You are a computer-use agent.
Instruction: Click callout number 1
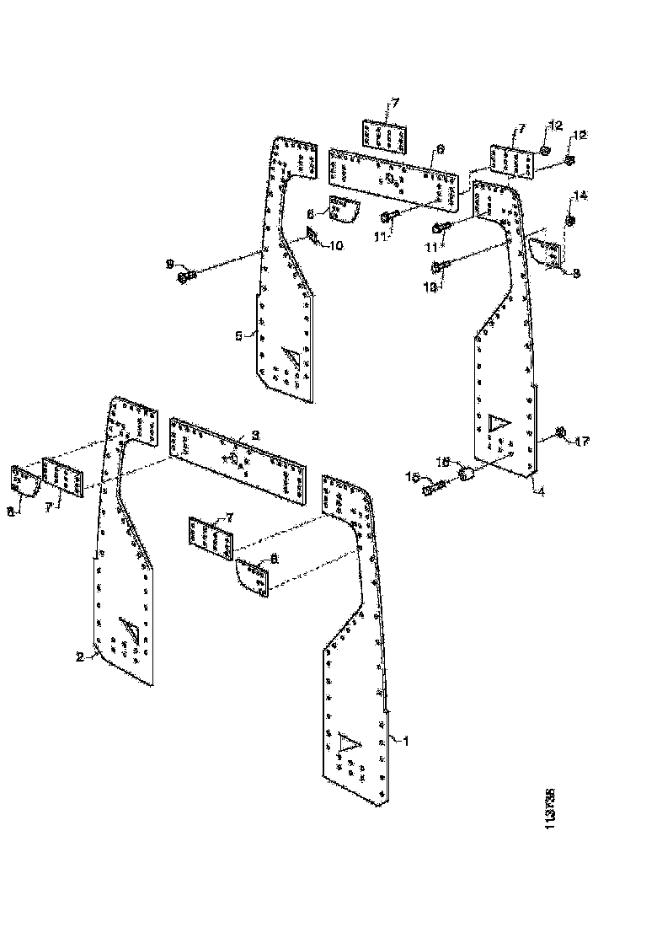[x=405, y=742]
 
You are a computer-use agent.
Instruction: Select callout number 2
[x=81, y=658]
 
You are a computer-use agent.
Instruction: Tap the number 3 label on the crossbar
[x=256, y=435]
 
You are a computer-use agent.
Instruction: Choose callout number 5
[x=238, y=335]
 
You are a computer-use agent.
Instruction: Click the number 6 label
[x=440, y=148]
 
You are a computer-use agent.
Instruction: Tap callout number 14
[x=580, y=196]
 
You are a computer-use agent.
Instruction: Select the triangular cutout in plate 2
[x=130, y=629]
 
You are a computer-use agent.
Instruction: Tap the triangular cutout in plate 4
[x=498, y=421]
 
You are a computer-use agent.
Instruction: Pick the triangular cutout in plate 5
[x=292, y=357]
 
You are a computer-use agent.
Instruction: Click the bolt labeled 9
[x=187, y=276]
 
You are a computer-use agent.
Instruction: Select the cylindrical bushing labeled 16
[x=466, y=478]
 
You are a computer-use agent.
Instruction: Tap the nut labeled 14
[x=570, y=221]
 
